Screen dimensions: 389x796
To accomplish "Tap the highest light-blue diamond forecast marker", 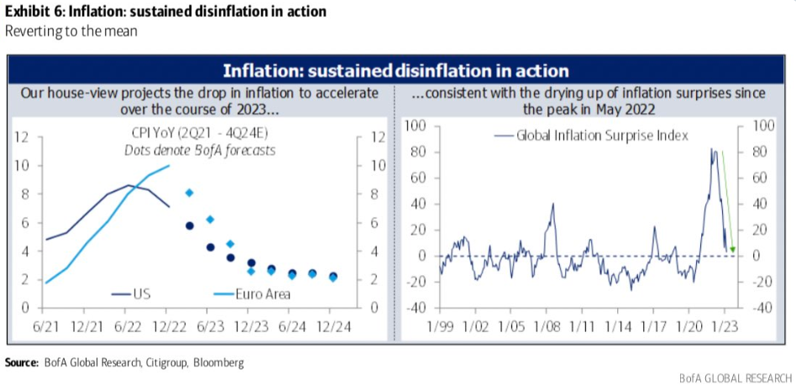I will (189, 193).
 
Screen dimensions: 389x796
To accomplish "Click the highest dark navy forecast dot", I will (190, 226).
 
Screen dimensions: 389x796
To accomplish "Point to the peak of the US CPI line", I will (129, 185).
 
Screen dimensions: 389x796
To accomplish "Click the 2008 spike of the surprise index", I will (553, 204).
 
